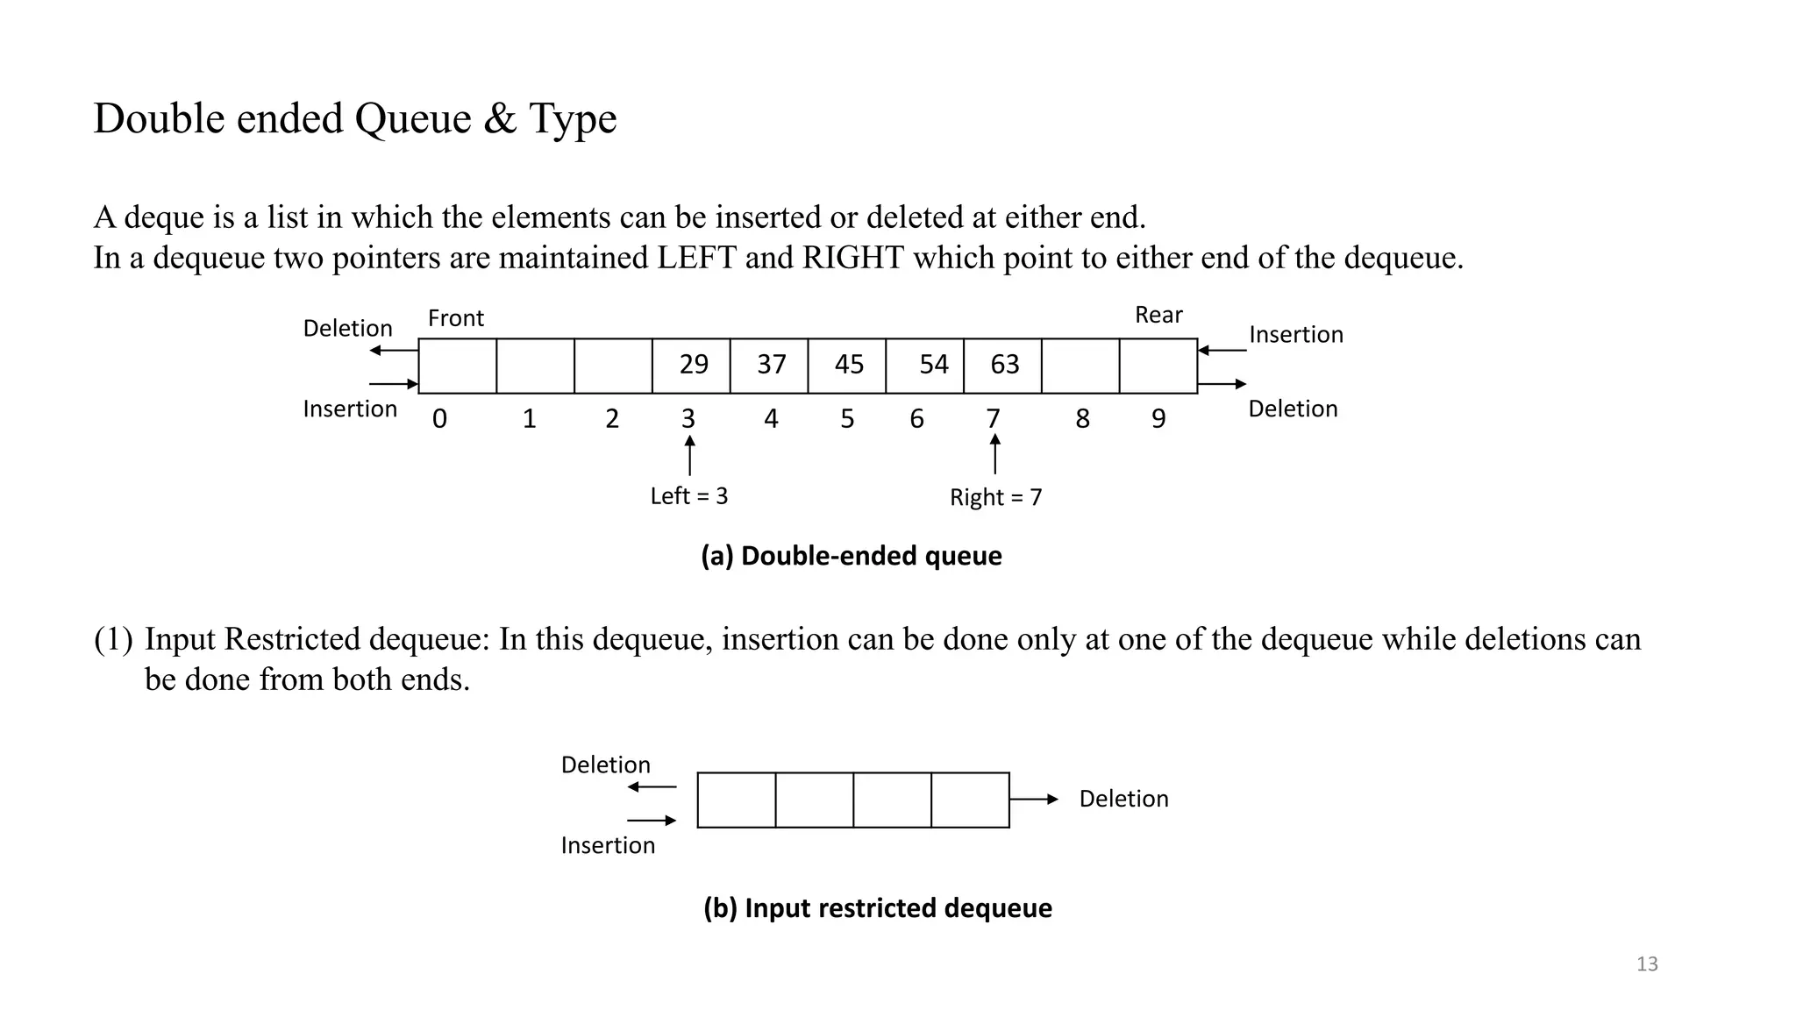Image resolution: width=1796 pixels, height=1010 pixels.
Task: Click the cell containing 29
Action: pyautogui.click(x=691, y=365)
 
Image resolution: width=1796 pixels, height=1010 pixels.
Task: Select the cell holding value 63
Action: pyautogui.click(x=1002, y=365)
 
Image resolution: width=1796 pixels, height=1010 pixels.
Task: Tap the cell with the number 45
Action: pyautogui.click(x=847, y=365)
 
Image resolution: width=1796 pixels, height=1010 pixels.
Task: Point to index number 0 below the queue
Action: pyautogui.click(x=439, y=419)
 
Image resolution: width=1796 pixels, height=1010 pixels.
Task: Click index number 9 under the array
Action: pyautogui.click(x=1158, y=419)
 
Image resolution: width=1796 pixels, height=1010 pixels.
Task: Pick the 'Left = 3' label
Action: pyautogui.click(x=689, y=496)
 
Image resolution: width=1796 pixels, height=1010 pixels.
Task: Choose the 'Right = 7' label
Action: pyautogui.click(x=996, y=498)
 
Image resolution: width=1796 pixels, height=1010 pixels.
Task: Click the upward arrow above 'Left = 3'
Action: pyautogui.click(x=690, y=455)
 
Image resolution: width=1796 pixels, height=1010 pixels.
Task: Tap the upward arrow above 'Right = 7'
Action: pyautogui.click(x=994, y=454)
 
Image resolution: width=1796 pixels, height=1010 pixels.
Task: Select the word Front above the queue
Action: pyautogui.click(x=456, y=318)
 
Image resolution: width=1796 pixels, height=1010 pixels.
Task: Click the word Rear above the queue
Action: pyautogui.click(x=1158, y=315)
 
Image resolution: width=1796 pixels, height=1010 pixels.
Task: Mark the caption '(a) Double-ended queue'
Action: pyautogui.click(x=851, y=556)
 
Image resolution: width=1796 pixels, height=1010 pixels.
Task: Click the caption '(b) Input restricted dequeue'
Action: pyautogui.click(x=877, y=908)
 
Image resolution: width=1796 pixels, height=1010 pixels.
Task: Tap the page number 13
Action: pyautogui.click(x=1647, y=964)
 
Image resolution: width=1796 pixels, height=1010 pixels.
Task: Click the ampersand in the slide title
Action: pyautogui.click(x=500, y=119)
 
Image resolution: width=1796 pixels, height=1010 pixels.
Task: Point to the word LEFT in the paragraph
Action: pyautogui.click(x=696, y=258)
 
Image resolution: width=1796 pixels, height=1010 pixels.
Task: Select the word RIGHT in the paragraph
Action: pyautogui.click(x=852, y=258)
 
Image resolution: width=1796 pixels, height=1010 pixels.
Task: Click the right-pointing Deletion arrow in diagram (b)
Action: pyautogui.click(x=1034, y=800)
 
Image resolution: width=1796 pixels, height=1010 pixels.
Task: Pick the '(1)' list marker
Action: pyautogui.click(x=113, y=639)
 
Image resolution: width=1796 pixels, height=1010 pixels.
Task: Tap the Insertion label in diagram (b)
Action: pyautogui.click(x=608, y=846)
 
